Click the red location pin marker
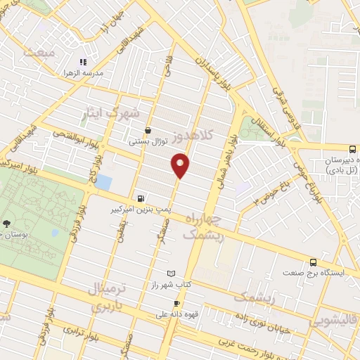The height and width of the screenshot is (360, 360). (181, 166)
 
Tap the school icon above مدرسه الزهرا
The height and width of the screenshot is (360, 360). (83, 62)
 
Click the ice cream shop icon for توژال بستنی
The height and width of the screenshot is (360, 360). (148, 130)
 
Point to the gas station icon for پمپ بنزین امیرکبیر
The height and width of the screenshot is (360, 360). (142, 198)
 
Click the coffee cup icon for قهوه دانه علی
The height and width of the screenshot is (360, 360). (167, 304)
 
